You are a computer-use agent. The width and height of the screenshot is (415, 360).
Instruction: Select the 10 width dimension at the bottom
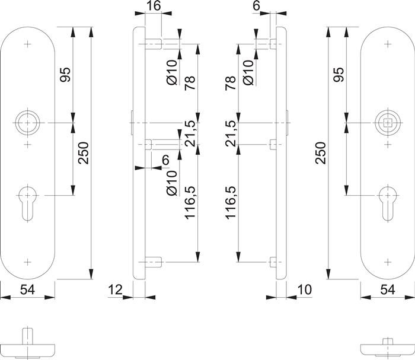304,289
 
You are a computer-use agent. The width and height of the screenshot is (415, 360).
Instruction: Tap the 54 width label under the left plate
28,289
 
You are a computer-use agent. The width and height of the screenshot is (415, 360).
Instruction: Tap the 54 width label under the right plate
387,289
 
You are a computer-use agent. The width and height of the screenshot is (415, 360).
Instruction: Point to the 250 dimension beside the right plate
321,154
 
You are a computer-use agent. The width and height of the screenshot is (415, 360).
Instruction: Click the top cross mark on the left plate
28,43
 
